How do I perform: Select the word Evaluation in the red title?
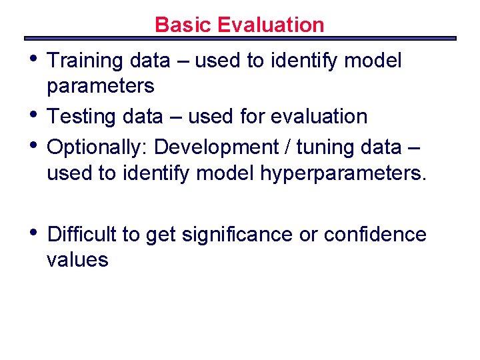coord(271,25)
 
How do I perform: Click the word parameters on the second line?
coord(100,87)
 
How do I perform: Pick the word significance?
coord(236,235)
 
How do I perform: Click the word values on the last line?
coord(77,260)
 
